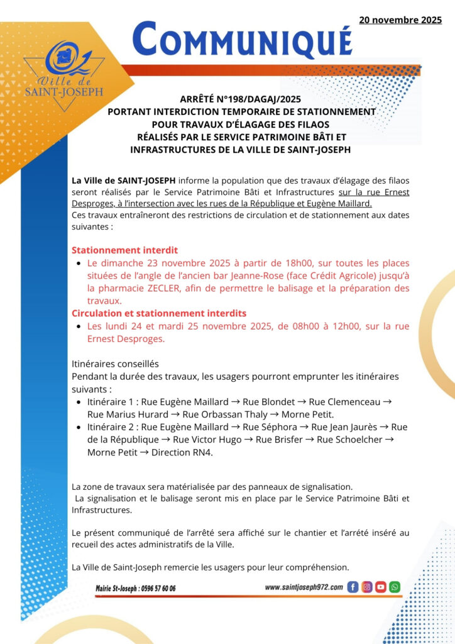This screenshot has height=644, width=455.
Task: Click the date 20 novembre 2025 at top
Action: tap(400, 20)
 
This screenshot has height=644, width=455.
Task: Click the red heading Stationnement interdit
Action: tap(124, 250)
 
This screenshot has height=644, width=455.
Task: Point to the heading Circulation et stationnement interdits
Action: tap(159, 313)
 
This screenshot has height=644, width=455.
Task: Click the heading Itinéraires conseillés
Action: tap(116, 364)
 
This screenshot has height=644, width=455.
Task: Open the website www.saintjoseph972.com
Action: tap(304, 587)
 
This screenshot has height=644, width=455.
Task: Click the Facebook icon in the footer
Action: tap(353, 587)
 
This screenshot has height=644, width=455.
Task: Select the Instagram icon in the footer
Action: tap(367, 587)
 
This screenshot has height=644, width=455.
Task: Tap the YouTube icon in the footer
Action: tap(381, 587)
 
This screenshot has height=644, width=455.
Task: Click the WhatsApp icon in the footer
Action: tap(395, 587)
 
